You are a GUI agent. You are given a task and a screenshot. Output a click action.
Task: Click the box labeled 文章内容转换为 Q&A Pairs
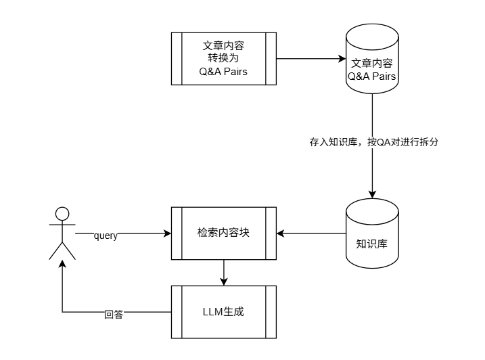[x=224, y=58]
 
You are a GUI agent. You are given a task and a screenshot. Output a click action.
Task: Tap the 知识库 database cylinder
[x=371, y=233]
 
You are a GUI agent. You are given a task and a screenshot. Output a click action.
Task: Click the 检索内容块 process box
[x=224, y=233]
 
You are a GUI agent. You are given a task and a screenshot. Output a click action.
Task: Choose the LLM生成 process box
[x=224, y=312]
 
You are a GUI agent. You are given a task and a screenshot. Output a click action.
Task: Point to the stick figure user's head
[x=62, y=214]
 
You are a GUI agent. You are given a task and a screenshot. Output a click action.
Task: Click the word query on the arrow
[x=106, y=235]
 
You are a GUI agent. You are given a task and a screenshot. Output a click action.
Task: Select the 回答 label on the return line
[x=114, y=314]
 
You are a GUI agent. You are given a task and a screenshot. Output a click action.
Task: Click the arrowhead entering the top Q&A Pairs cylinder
[x=342, y=59]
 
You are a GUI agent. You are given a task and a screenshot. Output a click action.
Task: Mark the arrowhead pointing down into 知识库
[x=371, y=194]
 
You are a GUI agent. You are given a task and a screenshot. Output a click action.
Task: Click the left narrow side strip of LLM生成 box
[x=176, y=312]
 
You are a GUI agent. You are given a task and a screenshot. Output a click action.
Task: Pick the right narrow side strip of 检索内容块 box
[x=271, y=233]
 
